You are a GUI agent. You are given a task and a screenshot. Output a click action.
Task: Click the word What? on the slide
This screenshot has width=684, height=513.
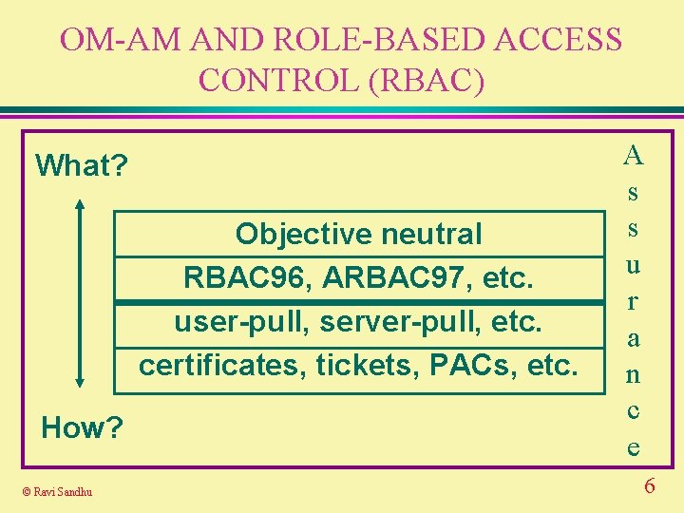82,165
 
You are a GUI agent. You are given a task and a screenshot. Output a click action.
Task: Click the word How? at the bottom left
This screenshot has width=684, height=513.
82,428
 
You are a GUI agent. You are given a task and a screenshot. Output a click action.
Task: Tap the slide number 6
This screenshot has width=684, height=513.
650,487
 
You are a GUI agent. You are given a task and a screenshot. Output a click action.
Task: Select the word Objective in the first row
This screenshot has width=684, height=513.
293,234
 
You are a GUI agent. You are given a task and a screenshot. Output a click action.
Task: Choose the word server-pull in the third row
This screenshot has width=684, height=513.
400,321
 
